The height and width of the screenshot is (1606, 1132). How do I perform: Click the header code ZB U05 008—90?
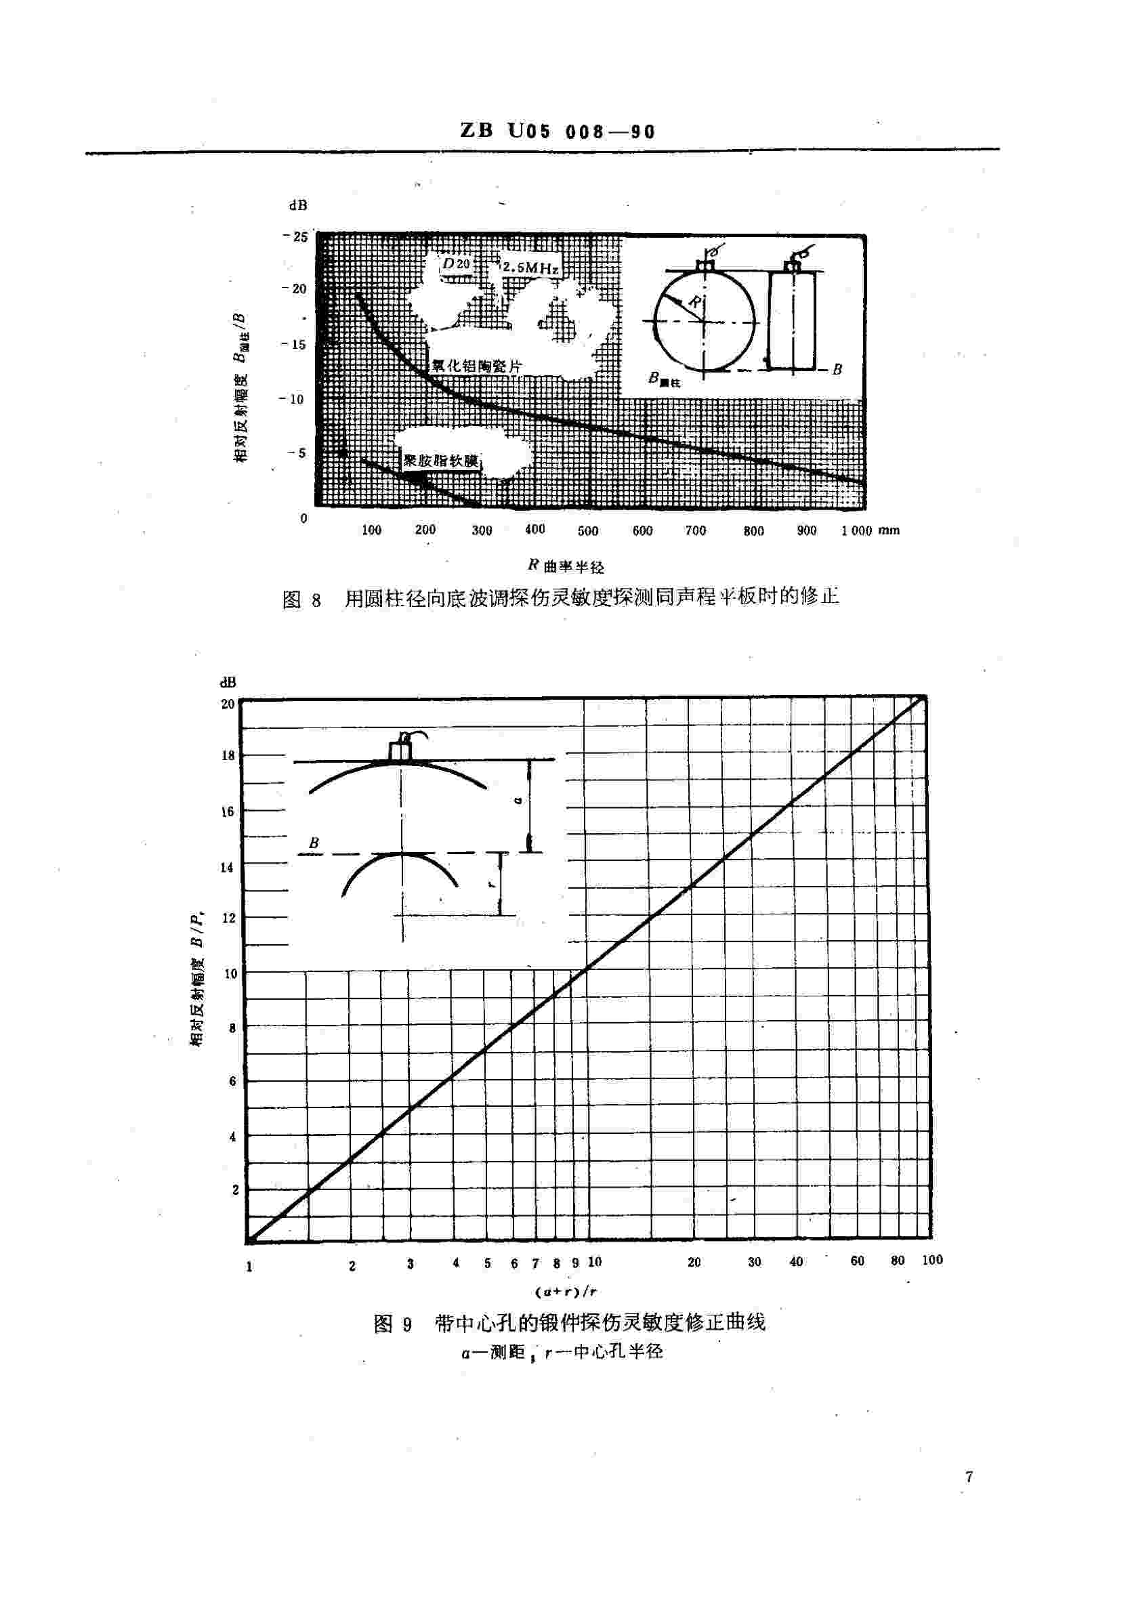coord(557,131)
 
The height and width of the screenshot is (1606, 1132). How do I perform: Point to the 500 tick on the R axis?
coord(588,531)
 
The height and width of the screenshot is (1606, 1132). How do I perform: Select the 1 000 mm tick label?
coord(870,530)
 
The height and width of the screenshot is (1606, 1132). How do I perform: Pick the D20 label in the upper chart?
coord(456,263)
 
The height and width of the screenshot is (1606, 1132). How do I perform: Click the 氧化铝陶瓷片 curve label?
coord(476,364)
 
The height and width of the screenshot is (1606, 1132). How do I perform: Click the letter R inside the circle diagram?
coord(692,302)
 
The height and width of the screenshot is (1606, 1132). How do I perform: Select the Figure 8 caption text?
coord(560,598)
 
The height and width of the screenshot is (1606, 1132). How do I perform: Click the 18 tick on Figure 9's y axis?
coord(228,756)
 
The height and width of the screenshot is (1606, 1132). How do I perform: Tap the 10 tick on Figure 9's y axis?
coord(230,973)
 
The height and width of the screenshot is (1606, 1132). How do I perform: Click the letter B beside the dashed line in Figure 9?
coord(314,843)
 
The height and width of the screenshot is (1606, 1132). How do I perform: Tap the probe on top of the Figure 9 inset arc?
coord(401,750)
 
